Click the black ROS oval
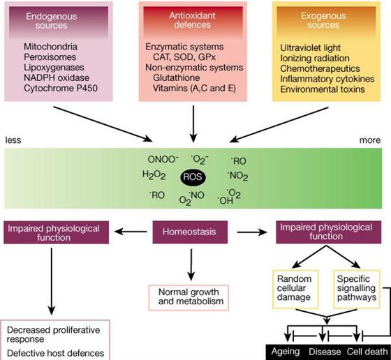coord(193,177)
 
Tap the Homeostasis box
coord(190,232)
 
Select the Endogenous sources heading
coord(52,21)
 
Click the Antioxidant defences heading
coord(192,20)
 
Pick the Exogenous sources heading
coord(323,20)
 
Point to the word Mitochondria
coord(50,47)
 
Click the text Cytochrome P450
coord(61,88)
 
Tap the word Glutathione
coord(176,77)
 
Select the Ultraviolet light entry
coord(310,48)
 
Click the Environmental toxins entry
coord(323,89)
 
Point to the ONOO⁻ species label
coord(163,159)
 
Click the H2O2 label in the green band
coord(154,175)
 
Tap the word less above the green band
coord(13,140)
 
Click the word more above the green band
coord(370,140)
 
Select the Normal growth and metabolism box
coord(189,298)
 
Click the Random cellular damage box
coord(295,289)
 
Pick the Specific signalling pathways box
coord(357,289)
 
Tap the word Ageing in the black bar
coord(286,352)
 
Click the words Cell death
coord(367,352)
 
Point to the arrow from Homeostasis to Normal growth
coord(191,264)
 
